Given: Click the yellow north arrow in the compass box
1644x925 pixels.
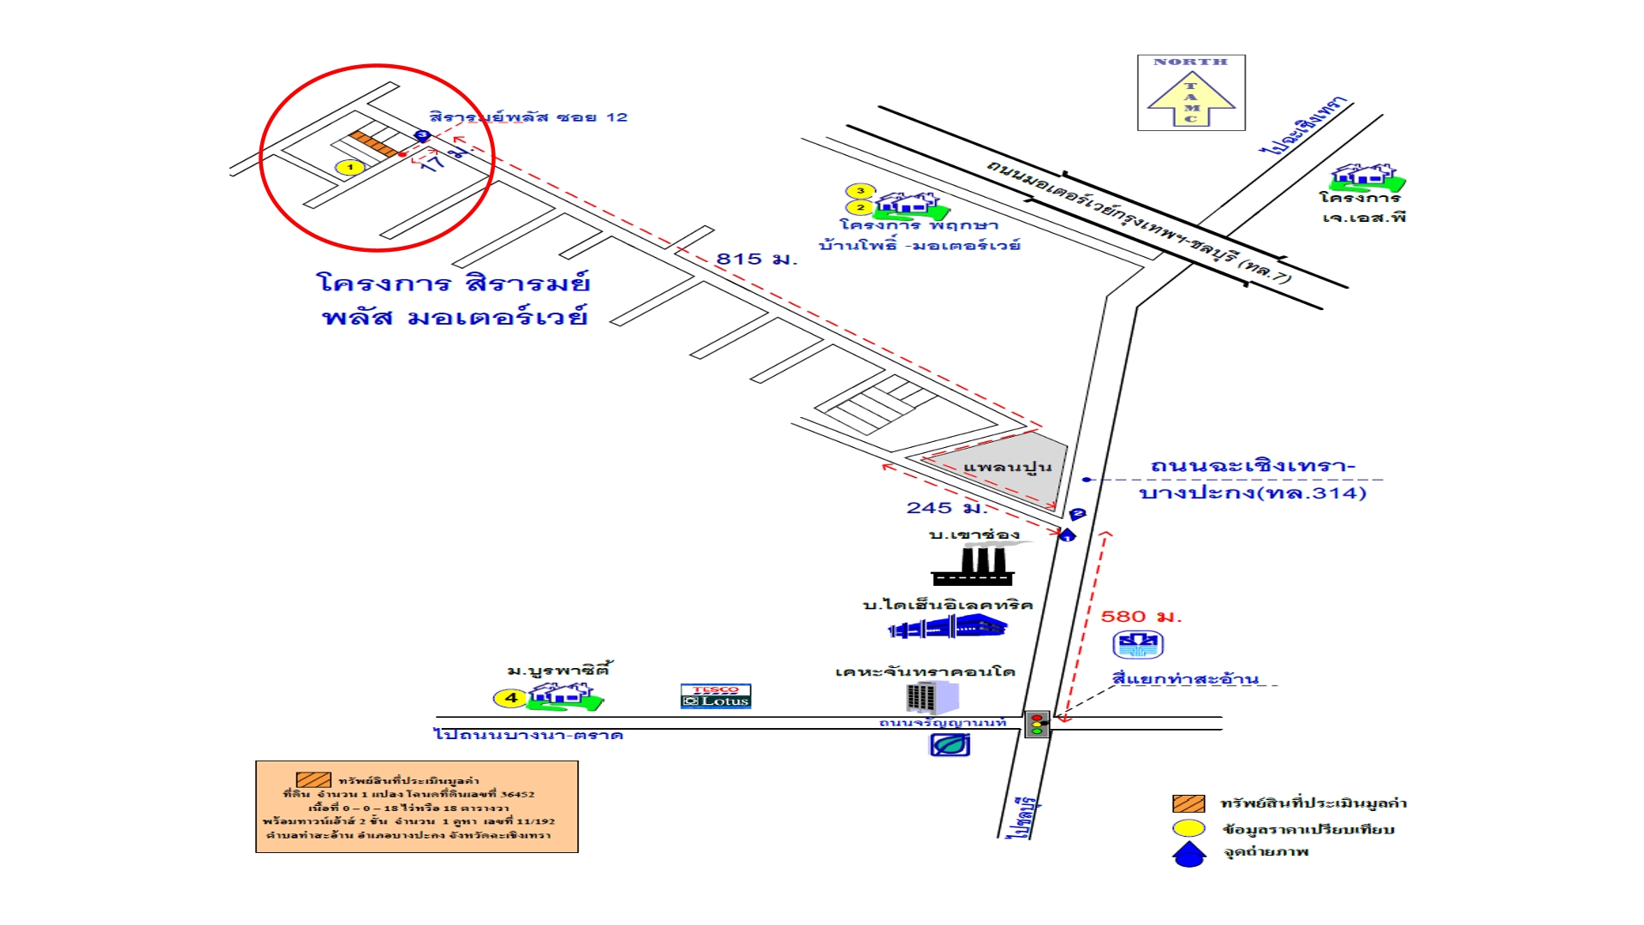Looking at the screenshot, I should (x=1191, y=101).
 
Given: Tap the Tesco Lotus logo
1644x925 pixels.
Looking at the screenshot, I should (x=716, y=695).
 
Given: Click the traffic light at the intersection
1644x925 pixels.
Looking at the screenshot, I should (x=1037, y=724).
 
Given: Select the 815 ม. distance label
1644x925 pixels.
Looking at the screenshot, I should (x=756, y=259).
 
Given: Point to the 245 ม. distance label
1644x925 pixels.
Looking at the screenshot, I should (x=945, y=508).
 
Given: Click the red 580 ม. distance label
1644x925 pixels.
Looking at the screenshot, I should (x=1141, y=617).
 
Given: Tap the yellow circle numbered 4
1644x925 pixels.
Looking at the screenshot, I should (x=510, y=698).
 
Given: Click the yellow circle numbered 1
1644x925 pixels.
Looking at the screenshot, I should (x=349, y=167).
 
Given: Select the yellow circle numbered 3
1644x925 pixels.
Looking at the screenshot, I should (x=861, y=191).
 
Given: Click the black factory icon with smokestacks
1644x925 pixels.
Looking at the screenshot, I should (x=973, y=566).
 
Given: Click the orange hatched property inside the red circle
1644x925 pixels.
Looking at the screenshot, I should (x=374, y=144).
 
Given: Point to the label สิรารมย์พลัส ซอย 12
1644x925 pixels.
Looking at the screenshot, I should (x=528, y=117).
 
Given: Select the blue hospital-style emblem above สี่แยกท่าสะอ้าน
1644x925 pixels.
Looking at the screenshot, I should (x=1138, y=644).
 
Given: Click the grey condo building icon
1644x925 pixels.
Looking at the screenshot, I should (x=930, y=697).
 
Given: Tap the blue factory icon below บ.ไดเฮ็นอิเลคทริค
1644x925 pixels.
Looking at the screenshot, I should (x=948, y=628).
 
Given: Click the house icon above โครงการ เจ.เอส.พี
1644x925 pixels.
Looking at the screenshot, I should (x=1367, y=177).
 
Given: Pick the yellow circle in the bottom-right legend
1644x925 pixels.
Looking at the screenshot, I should (x=1188, y=828).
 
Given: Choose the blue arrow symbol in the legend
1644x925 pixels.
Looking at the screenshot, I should (x=1188, y=854).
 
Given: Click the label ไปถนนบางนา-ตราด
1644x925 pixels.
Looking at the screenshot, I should (x=528, y=735).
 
